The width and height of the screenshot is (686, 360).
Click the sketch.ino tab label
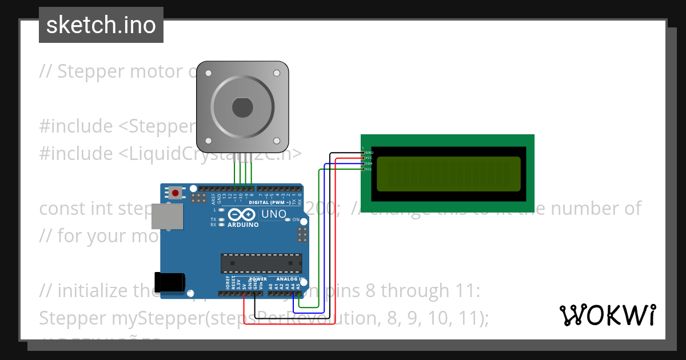pyautogui.click(x=101, y=25)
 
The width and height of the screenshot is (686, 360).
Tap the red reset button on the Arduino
pyautogui.click(x=176, y=193)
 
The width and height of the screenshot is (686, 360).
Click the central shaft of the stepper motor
pyautogui.click(x=242, y=107)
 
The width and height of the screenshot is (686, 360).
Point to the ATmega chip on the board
pyautogui.click(x=261, y=262)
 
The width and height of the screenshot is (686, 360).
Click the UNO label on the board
pyautogui.click(x=273, y=215)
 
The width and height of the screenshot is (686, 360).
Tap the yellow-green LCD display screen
pyautogui.click(x=449, y=174)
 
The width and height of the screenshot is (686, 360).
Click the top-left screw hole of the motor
pyautogui.click(x=208, y=73)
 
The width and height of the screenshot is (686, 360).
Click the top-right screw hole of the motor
pyautogui.click(x=277, y=73)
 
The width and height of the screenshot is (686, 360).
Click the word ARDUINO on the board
pyautogui.click(x=243, y=225)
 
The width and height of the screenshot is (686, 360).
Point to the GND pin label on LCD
pyautogui.click(x=369, y=153)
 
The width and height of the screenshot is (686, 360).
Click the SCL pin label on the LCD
pyautogui.click(x=369, y=169)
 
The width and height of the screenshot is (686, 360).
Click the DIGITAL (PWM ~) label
pyautogui.click(x=269, y=202)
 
